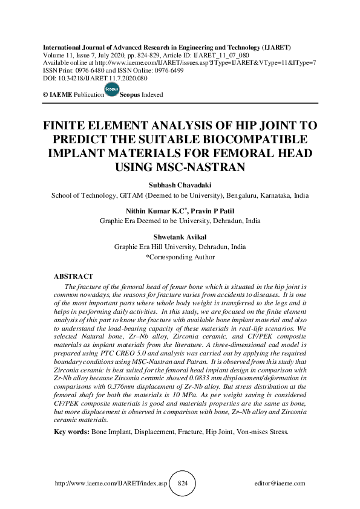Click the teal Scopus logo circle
(111, 89)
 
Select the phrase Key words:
(71, 432)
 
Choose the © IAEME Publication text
(66, 95)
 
